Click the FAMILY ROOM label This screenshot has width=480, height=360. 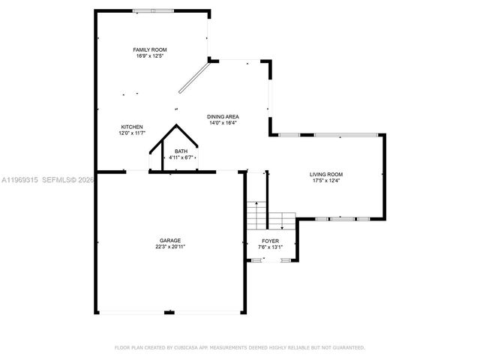(150, 49)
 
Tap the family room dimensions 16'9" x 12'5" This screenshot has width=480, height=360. (150, 55)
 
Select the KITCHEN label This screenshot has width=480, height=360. (132, 127)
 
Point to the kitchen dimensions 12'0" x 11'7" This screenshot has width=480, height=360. (132, 133)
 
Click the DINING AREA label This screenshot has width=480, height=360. (223, 116)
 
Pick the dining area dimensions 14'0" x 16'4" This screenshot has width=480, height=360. (223, 123)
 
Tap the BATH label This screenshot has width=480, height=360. (181, 151)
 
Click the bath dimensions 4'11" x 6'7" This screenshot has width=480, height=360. (181, 157)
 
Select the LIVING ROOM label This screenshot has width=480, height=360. (326, 175)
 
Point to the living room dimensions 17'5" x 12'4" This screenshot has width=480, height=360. (326, 181)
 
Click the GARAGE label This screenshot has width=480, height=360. (169, 240)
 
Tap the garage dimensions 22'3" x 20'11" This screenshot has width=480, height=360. (169, 247)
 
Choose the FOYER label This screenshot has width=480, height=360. (270, 241)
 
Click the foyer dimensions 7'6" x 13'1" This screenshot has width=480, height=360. (270, 247)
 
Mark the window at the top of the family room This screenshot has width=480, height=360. (153, 10)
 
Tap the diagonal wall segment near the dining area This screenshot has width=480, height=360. (193, 79)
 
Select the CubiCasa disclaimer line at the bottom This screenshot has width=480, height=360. (239, 348)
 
